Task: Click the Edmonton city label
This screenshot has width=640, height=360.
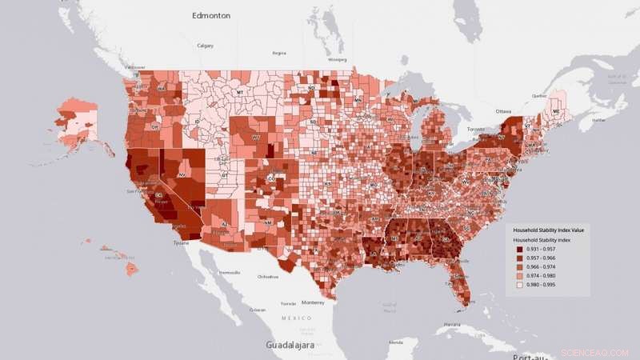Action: (211, 15)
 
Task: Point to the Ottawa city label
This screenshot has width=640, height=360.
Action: (502, 110)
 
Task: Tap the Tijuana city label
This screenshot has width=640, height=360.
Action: (182, 242)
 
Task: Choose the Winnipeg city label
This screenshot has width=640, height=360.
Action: (338, 59)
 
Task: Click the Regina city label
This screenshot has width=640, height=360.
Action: (278, 54)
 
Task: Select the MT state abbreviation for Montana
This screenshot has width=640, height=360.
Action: (239, 93)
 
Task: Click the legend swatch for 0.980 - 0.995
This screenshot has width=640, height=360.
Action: (520, 284)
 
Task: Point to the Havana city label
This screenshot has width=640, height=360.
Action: (453, 324)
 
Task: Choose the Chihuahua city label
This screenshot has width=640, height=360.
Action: (268, 277)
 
